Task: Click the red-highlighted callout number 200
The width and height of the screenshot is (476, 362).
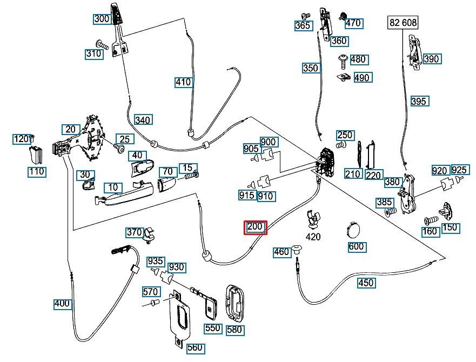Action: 256,227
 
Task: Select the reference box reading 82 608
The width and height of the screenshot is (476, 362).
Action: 403,23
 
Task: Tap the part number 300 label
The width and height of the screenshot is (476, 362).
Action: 102,19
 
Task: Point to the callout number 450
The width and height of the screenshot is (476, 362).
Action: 366,283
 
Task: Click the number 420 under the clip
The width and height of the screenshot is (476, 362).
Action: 313,237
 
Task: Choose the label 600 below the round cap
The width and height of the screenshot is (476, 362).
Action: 357,246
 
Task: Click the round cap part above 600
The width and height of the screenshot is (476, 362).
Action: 353,229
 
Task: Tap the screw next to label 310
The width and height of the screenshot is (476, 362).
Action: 103,45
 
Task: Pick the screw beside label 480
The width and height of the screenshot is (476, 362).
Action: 343,62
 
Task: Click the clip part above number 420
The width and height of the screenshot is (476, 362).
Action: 313,219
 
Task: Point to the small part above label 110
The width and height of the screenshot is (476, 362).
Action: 36,155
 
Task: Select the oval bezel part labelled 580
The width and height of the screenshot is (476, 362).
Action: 235,303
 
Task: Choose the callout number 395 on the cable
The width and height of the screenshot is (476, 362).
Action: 419,101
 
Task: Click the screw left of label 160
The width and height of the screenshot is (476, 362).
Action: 431,220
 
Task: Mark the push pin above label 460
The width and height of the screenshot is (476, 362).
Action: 297,249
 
